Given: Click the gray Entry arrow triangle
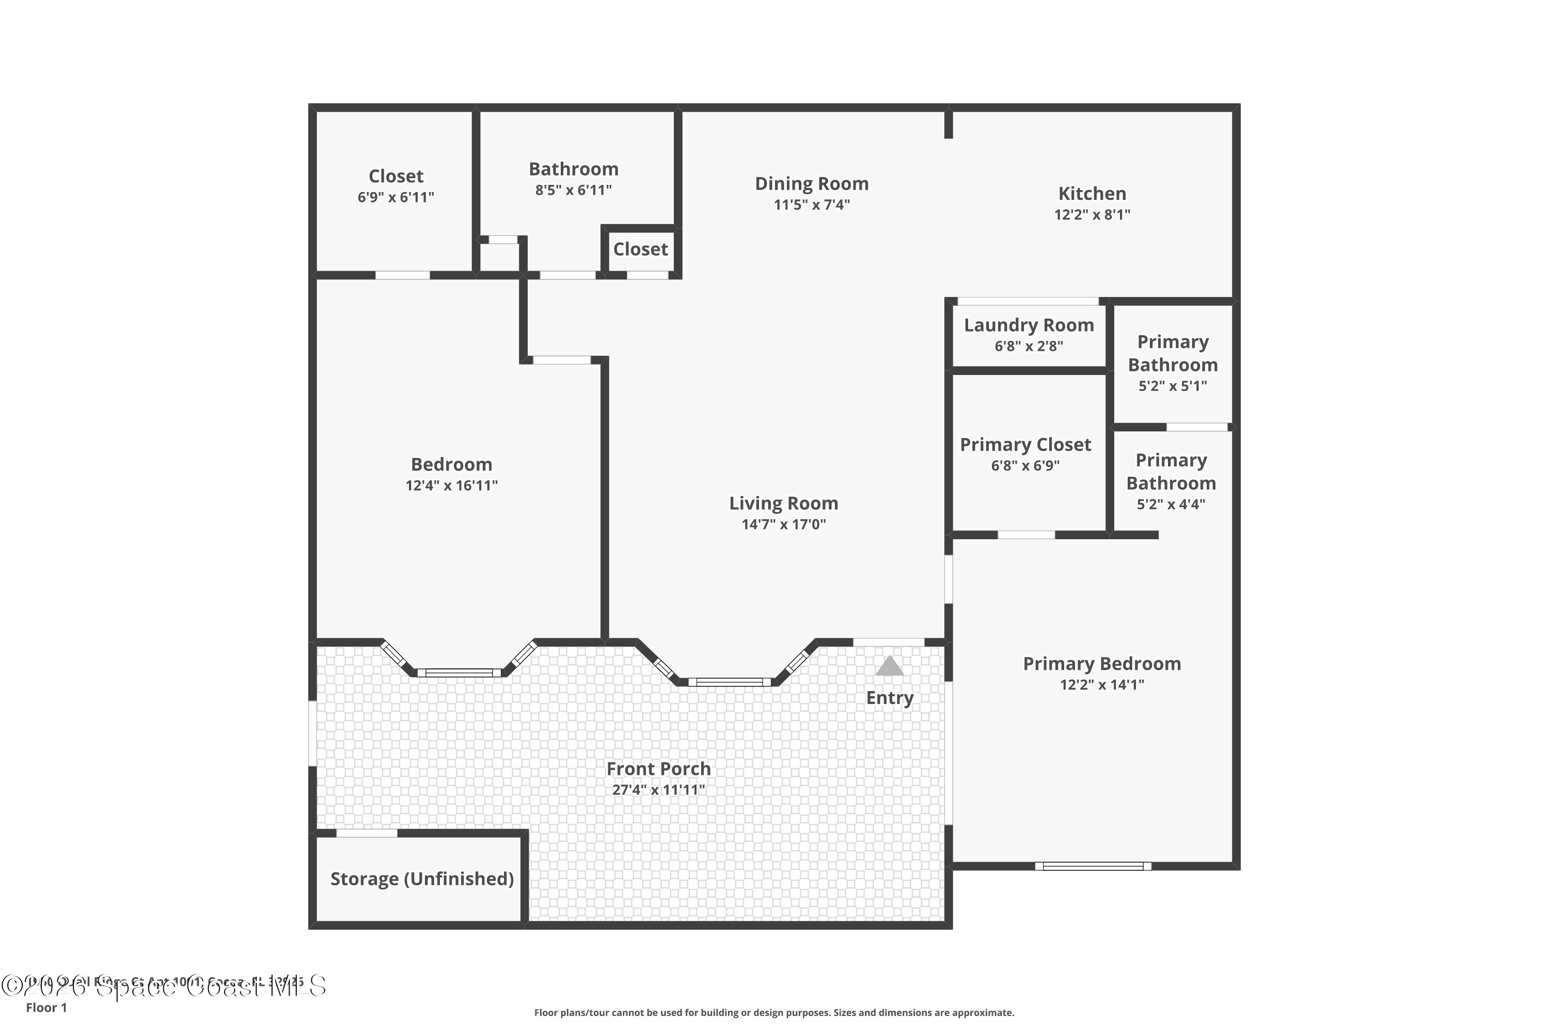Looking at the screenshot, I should tap(889, 666).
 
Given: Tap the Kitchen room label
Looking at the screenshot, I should tap(1092, 194).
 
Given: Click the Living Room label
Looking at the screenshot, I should tap(783, 503).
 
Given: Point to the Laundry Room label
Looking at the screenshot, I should tap(1029, 325).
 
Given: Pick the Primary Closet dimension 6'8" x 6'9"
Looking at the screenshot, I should tap(1025, 466).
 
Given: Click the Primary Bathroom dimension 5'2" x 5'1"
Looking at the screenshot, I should tap(1172, 386).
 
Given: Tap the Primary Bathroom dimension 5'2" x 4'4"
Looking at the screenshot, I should tap(1171, 505).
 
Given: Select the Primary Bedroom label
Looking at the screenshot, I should tap(1101, 663).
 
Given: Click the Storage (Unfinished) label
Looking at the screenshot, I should tap(421, 879).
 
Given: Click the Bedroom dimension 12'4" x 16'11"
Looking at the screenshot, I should tap(451, 486).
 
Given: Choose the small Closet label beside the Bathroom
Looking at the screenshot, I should tap(640, 249).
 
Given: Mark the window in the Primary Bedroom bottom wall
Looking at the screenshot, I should tap(1093, 866).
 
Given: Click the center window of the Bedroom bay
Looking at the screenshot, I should tap(459, 672).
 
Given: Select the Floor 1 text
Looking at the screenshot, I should tap(46, 1007).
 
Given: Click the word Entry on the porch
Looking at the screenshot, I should tap(889, 698).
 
